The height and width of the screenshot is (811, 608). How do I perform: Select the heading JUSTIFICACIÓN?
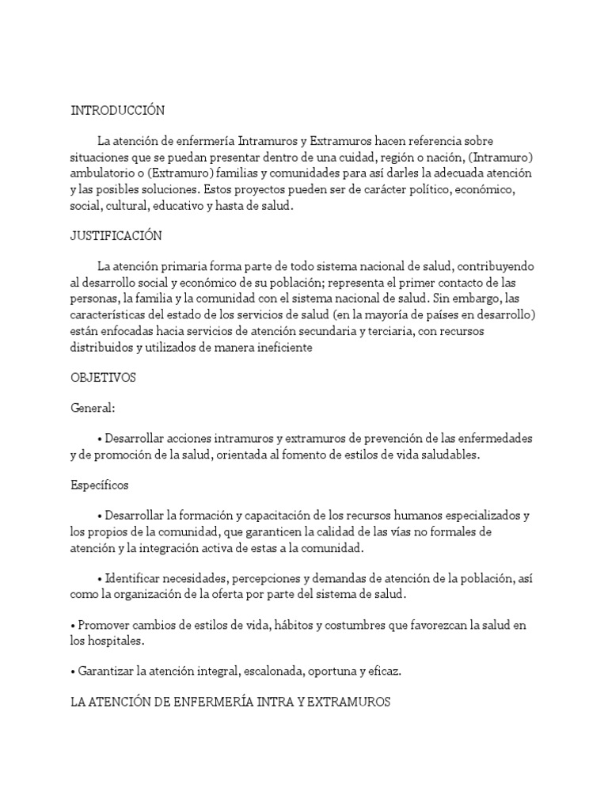point(116,236)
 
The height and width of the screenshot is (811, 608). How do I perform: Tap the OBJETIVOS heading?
point(103,378)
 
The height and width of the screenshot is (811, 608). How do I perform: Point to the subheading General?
point(93,408)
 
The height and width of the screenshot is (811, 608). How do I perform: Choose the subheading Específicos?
point(100,484)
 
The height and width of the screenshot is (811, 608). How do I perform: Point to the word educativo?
point(208,205)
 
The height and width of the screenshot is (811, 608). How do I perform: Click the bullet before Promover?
point(73,626)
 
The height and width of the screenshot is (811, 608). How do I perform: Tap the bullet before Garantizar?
point(73,672)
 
